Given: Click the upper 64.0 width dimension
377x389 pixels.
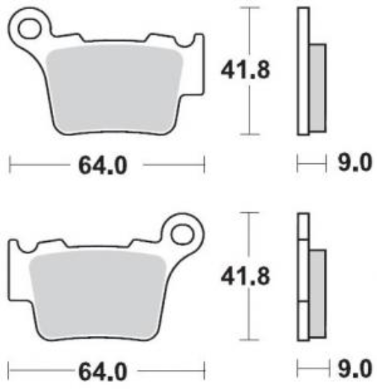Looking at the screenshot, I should point(106,166).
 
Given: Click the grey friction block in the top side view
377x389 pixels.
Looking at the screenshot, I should point(317,87).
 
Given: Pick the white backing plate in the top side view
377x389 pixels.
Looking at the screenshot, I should point(303,71).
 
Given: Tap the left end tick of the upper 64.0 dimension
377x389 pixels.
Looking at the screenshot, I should point(10,166).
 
